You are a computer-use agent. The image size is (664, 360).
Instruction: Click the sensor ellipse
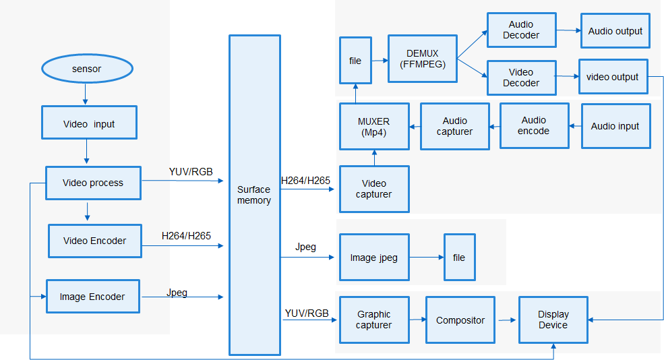pos(86,69)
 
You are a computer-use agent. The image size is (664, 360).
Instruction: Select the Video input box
pos(89,123)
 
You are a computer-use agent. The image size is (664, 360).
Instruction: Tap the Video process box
pos(93,183)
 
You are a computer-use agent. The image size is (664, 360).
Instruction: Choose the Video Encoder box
pos(94,241)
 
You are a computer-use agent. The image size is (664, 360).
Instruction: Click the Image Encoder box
pos(92,297)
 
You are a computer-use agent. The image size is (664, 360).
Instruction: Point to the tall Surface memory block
pos(254,195)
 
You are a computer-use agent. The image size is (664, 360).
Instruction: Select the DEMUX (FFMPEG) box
pos(422,59)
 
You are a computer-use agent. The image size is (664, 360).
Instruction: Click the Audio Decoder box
pos(521,30)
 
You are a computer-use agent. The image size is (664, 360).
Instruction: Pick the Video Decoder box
pos(521,78)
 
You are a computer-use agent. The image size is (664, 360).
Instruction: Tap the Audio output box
pos(615,31)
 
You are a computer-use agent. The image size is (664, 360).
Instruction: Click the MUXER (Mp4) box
pos(374,126)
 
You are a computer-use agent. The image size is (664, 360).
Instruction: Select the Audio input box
pos(615,126)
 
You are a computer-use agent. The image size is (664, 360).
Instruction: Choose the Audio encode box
pos(534,126)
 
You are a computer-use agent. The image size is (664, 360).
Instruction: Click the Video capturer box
pos(374,189)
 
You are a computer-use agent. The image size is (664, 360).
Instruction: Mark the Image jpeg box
pos(374,258)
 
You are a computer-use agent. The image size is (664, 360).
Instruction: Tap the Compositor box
pos(460,320)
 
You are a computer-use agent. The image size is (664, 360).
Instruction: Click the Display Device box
pos(553,320)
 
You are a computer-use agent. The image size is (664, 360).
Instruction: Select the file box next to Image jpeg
pos(459,258)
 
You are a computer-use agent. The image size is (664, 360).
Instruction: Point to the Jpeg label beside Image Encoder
pos(177,293)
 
